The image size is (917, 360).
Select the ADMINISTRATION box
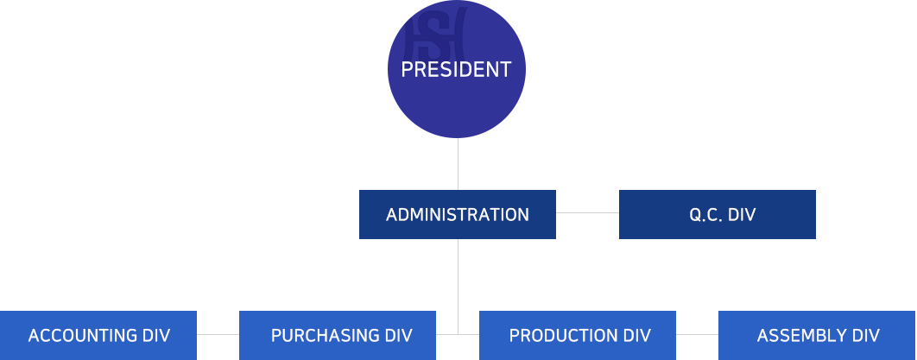[x=457, y=214]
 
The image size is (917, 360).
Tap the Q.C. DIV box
[x=717, y=214]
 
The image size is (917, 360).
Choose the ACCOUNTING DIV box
[x=98, y=335]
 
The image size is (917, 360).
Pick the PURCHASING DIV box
[x=337, y=335]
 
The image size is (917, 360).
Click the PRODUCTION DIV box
[x=577, y=335]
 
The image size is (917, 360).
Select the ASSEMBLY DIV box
[x=817, y=335]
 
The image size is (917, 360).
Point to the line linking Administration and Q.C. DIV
[x=587, y=213]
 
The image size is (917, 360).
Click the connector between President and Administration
[x=458, y=164]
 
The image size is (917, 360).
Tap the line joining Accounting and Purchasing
[x=218, y=334]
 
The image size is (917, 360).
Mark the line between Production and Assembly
[x=697, y=334]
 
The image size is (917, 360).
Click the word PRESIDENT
[x=457, y=70]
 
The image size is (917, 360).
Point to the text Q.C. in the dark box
[x=705, y=215]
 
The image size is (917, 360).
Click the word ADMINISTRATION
[x=457, y=215]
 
